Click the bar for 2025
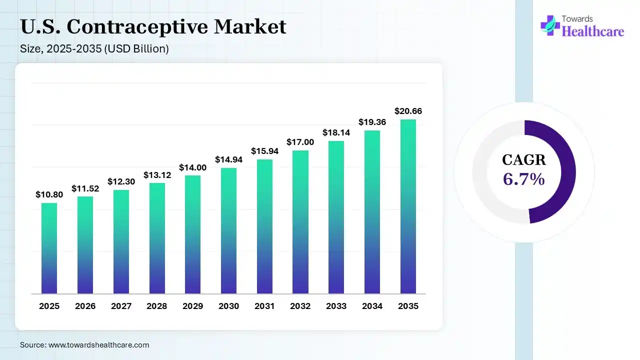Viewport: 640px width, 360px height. pos(49,248)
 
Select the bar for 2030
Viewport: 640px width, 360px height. pos(228,230)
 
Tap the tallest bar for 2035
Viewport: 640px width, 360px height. pos(408,206)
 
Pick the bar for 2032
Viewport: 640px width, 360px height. pos(300,222)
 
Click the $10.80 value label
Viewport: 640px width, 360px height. pos(49,194)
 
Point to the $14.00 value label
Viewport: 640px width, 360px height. pos(192,167)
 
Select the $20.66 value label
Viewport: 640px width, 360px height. pos(408,111)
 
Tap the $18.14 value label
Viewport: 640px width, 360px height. pos(336,132)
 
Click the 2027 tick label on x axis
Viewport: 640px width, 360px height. pos(121,306)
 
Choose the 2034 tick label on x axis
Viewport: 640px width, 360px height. pos(372,306)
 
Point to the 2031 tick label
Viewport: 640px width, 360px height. pos(264,306)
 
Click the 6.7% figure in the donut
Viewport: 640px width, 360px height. pos(523,179)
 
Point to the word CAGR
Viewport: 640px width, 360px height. pos(523,160)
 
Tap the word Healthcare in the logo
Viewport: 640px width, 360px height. pos(593,31)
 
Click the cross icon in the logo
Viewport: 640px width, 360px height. pos(549,25)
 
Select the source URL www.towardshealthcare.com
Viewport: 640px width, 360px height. pos(98,345)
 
